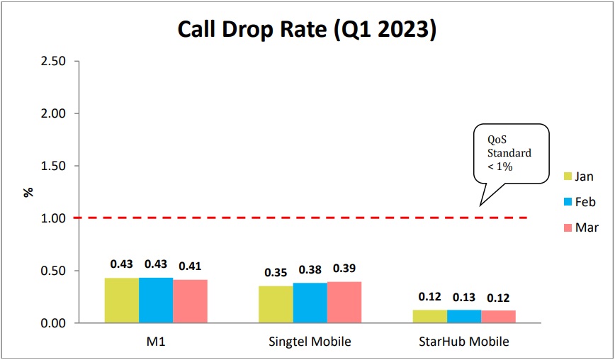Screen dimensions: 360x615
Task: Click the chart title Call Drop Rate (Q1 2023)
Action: (x=307, y=30)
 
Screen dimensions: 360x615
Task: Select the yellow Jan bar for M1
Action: (x=122, y=300)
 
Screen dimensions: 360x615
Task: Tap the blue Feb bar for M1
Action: (x=156, y=300)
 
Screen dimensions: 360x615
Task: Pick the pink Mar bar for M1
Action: (x=190, y=301)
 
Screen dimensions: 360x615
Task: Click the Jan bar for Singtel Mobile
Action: (x=276, y=305)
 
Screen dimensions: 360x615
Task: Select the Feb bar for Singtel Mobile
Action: (x=310, y=303)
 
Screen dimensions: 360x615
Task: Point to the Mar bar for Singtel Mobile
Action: (x=344, y=303)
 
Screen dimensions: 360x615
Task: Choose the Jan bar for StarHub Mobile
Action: (x=429, y=317)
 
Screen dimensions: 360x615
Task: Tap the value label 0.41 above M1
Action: (x=190, y=266)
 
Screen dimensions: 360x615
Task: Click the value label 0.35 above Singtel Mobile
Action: (x=276, y=273)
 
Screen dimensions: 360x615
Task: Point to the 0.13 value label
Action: (x=463, y=298)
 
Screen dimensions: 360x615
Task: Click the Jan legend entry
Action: (x=578, y=176)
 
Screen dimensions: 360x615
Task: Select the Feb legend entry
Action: (x=578, y=202)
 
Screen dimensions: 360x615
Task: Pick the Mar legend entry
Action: (x=578, y=227)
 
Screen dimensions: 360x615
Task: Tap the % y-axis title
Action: (x=28, y=192)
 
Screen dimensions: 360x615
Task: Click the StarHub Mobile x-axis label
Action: (x=463, y=342)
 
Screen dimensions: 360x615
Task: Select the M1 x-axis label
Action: (x=156, y=342)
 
